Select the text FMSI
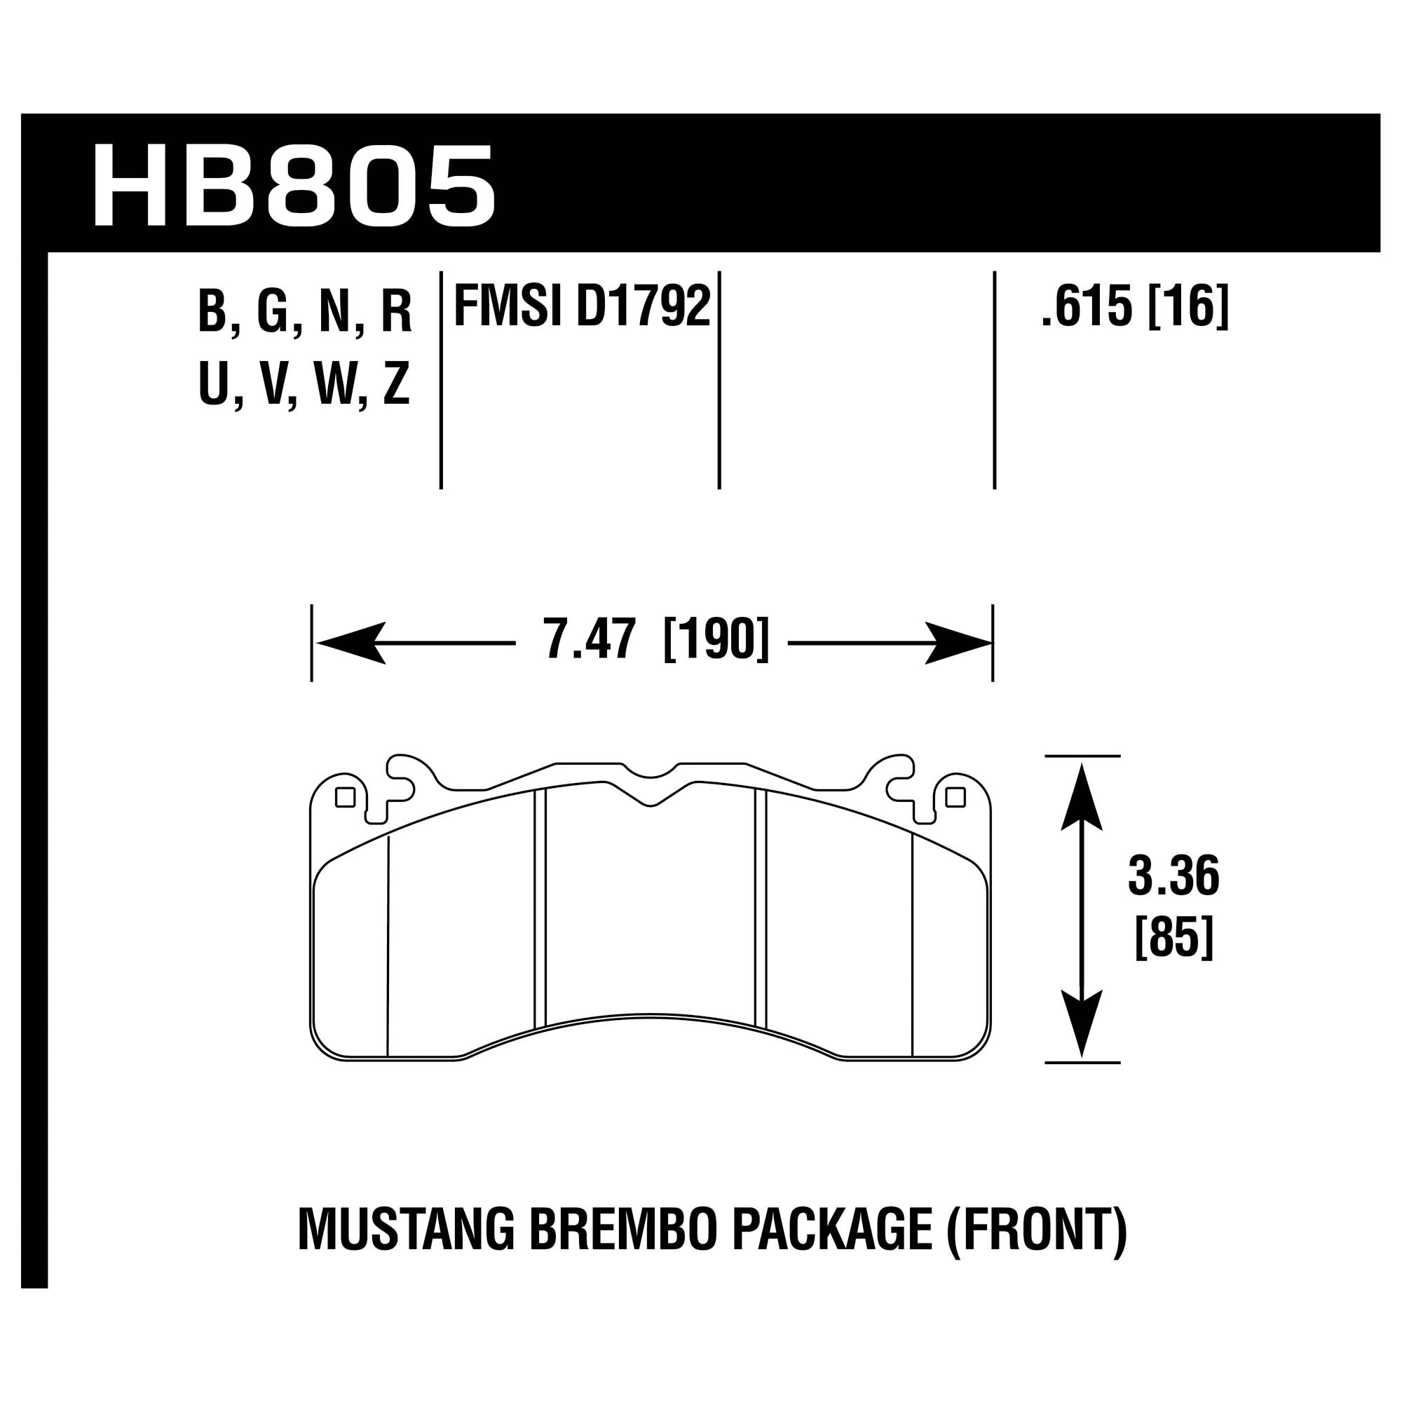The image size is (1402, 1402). click(508, 307)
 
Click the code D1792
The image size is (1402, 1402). click(643, 307)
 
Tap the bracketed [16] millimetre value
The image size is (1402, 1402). click(1190, 307)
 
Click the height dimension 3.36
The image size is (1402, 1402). click(1173, 877)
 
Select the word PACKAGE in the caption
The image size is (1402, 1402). click(832, 1229)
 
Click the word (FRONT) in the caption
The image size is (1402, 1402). click(1036, 1229)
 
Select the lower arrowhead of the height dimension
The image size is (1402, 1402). click(1081, 1023)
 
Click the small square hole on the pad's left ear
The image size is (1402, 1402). click(346, 798)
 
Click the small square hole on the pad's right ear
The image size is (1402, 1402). click(955, 798)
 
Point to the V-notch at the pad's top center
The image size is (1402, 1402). click(651, 801)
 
